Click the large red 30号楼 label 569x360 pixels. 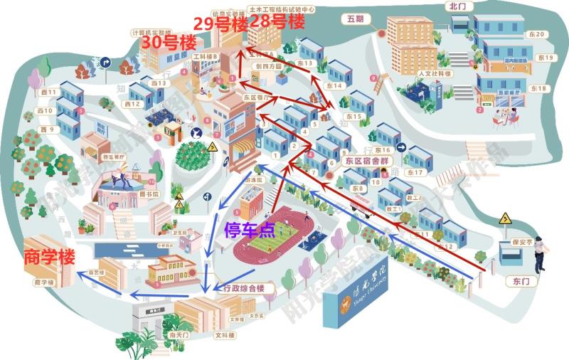169,42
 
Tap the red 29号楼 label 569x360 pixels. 220,23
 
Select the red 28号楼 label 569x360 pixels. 277,21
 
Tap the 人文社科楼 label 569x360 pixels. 435,73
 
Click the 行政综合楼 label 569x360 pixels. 244,288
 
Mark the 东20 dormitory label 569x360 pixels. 539,34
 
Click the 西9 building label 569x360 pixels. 48,129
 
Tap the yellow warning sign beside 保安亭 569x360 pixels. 506,218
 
